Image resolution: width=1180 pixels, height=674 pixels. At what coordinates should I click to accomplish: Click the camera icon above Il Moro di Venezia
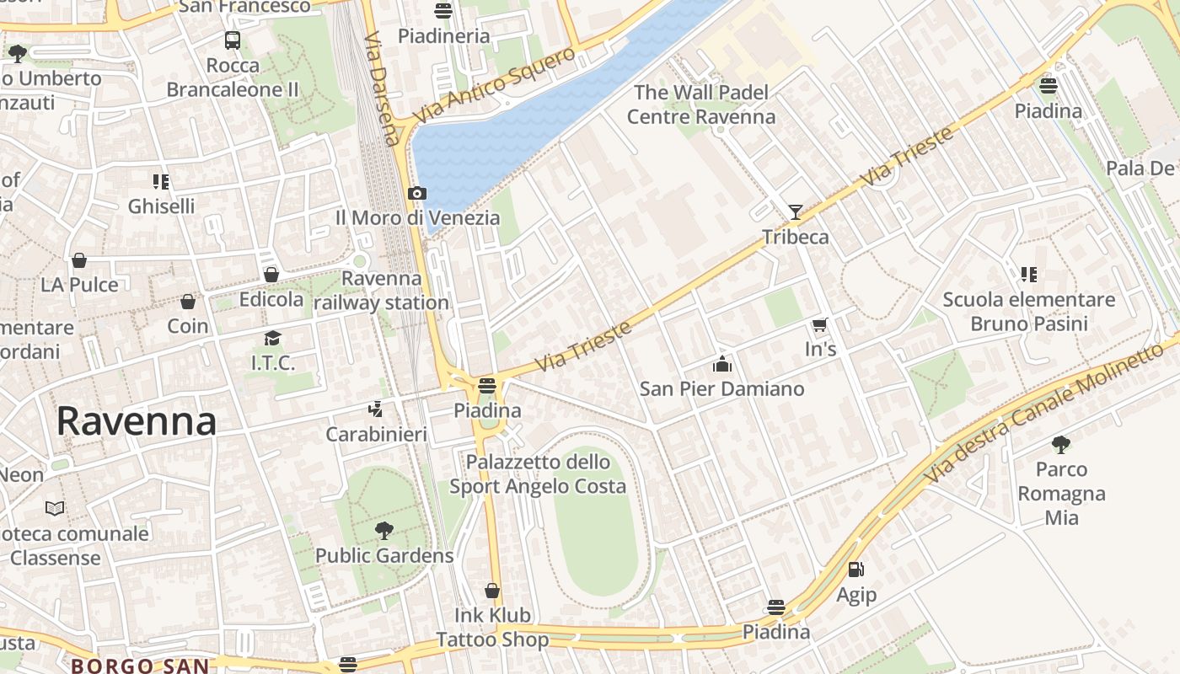(x=416, y=194)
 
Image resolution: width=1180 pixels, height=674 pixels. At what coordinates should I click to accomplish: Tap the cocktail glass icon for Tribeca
(x=795, y=212)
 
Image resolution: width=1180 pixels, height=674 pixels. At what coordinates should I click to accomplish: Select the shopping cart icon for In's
(x=819, y=324)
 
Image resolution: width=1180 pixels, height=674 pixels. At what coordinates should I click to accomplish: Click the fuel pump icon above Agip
(x=855, y=570)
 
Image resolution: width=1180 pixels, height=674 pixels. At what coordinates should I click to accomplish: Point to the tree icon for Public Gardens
(x=384, y=531)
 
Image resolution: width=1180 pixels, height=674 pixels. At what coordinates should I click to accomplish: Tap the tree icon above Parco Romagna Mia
(x=1061, y=444)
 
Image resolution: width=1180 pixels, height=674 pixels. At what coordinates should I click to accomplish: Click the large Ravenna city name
(x=137, y=421)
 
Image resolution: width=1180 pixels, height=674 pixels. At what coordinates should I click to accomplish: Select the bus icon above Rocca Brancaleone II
(x=233, y=40)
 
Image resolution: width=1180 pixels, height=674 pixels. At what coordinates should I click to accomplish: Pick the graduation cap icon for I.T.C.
(x=272, y=339)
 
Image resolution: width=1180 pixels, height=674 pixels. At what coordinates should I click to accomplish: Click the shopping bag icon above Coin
(x=188, y=302)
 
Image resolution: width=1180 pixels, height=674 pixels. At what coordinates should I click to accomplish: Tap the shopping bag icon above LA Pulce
(x=79, y=260)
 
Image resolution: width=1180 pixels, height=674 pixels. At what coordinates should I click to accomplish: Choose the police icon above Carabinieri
(x=376, y=409)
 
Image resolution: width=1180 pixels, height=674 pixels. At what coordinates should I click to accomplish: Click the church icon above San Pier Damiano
(x=722, y=364)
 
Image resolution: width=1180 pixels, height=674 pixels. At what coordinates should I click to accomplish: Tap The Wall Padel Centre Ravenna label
(x=701, y=104)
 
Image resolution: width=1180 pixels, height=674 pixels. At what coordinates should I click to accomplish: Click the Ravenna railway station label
(x=382, y=291)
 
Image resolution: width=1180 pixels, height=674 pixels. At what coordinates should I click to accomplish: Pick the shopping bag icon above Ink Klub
(x=492, y=591)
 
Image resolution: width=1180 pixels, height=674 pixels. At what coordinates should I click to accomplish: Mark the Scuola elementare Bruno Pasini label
(x=1028, y=312)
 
